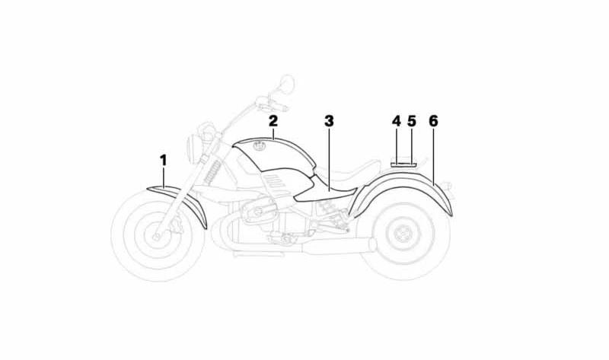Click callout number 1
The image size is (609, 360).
tap(163, 160)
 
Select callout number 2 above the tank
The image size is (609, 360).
tap(273, 121)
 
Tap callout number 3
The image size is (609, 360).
tap(329, 121)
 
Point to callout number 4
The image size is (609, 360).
tap(396, 121)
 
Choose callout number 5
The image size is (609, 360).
tap(412, 121)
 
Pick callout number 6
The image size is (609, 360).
tap(433, 121)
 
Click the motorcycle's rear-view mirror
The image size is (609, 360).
tap(288, 84)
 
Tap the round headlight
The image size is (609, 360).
tap(192, 148)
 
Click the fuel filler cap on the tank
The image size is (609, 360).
tap(258, 146)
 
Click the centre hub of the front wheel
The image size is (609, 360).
tap(158, 235)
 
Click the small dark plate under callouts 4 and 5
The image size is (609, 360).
tap(403, 164)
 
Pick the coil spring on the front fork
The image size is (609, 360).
tap(212, 172)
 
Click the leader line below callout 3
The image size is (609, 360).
tap(329, 160)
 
